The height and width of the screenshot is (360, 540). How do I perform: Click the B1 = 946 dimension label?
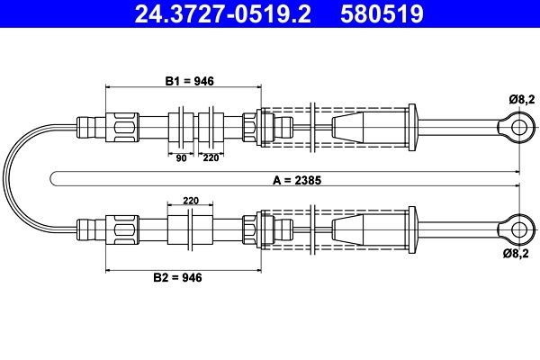point(189,80)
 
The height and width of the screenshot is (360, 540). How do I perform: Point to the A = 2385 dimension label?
point(296,180)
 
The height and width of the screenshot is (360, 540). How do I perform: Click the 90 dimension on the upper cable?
point(181,157)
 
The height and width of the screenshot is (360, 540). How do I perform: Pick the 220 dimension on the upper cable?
point(211,157)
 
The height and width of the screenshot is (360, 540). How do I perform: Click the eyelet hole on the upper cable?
point(517,127)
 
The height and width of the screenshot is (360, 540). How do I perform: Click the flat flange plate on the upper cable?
point(413,127)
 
